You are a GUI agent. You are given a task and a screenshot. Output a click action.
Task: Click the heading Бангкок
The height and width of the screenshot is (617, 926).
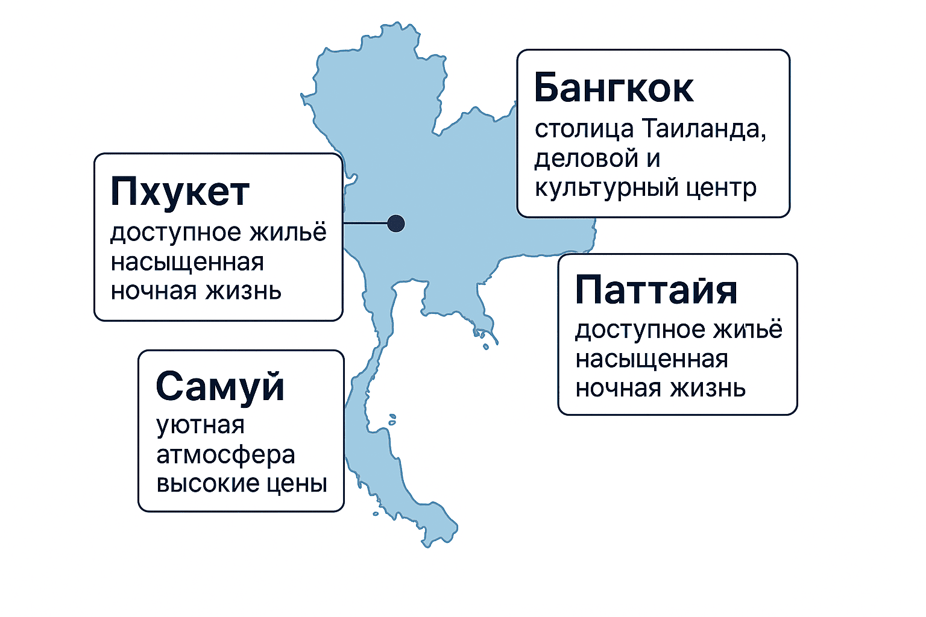(614, 87)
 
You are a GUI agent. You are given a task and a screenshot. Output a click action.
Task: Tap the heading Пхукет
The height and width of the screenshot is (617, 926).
(180, 192)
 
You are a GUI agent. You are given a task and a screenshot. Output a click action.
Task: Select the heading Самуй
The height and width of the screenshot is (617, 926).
(220, 386)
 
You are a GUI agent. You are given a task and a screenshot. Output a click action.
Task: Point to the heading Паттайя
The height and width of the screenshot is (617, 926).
(656, 289)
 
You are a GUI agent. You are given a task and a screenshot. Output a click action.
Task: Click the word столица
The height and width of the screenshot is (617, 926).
(584, 129)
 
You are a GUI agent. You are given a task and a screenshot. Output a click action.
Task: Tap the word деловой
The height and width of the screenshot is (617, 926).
(586, 159)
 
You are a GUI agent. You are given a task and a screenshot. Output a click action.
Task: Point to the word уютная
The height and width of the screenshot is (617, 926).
(201, 425)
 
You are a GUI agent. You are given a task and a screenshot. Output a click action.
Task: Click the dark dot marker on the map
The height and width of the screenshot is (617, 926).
(396, 224)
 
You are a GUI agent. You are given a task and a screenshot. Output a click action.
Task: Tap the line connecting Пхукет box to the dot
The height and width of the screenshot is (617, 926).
(365, 223)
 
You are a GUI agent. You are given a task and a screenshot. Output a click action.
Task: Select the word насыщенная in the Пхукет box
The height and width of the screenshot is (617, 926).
(187, 263)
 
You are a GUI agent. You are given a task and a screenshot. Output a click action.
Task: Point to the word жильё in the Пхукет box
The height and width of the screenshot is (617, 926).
(288, 232)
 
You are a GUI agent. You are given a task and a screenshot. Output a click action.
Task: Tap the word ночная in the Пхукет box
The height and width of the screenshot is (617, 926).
(153, 292)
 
